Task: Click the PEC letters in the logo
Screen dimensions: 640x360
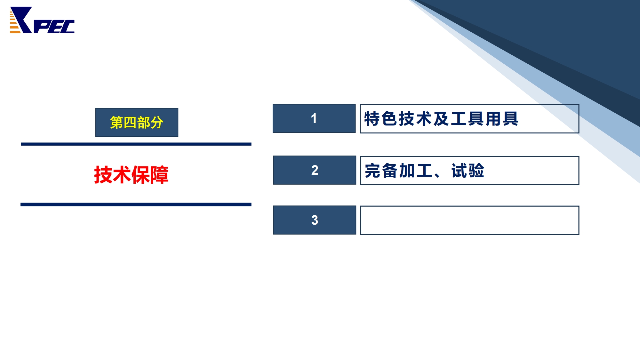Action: coord(54,27)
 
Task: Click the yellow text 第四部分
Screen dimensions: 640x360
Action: coord(137,123)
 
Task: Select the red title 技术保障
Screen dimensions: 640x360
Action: coord(131,175)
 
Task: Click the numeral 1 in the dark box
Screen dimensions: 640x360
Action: coord(314,118)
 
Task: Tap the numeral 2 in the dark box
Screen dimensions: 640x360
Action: coord(315,170)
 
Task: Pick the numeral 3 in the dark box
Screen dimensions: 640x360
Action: coord(315,220)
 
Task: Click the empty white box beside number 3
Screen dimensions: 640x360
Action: coord(470,220)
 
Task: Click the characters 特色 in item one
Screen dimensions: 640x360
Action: coord(381,119)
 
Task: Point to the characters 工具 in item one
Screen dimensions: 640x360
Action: coord(468,119)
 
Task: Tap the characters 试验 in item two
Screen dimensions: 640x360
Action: coord(468,171)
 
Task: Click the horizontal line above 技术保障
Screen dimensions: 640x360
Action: coord(136,144)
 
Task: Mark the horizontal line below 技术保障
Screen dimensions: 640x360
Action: coord(136,204)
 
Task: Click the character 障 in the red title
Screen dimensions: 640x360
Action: coord(159,175)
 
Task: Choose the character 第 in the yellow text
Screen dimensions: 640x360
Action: coord(116,123)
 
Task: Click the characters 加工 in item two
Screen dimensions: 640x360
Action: coord(416,171)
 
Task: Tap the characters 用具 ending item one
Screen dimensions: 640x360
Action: coord(502,119)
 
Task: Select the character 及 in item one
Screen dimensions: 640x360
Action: coord(442,119)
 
